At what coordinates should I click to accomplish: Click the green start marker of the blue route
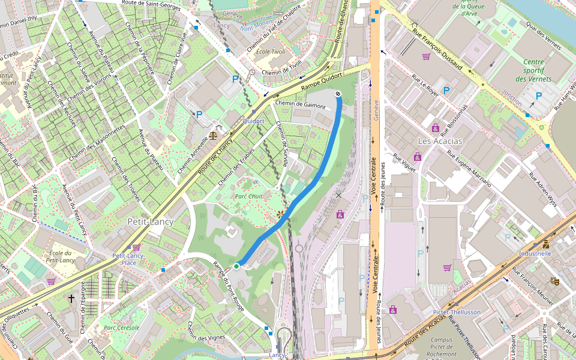[x=236, y=266]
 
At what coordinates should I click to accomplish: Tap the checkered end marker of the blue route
[x=338, y=94]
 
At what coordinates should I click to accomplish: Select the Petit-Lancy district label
[x=150, y=222]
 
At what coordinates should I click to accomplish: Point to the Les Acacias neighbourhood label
[x=440, y=140]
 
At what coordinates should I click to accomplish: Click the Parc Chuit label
[x=248, y=196]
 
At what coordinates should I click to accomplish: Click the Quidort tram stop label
[x=253, y=121]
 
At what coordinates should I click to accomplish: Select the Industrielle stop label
[x=535, y=253]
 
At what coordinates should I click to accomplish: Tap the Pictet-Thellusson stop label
[x=457, y=312]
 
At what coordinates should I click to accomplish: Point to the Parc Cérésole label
[x=121, y=328]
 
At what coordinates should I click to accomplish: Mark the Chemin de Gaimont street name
[x=300, y=105]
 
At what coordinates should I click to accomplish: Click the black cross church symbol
[x=71, y=298]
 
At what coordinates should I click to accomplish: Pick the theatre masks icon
[x=555, y=281]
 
